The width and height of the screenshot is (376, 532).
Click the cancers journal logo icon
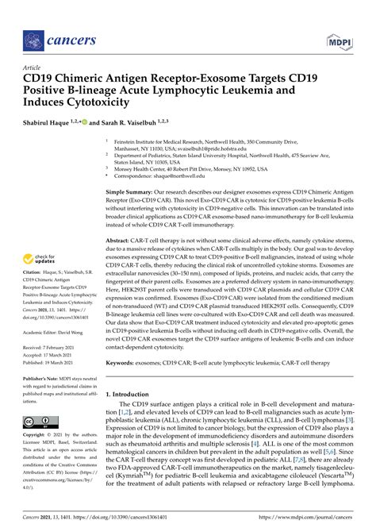point(33,38)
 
